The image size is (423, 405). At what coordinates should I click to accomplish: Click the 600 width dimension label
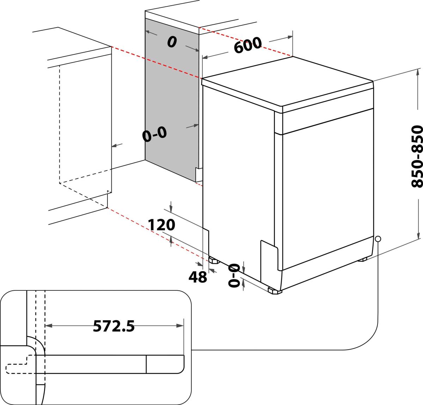point(248,45)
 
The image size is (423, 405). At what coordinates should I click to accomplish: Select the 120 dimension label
point(161,225)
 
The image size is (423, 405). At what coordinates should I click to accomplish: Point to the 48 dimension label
point(198,277)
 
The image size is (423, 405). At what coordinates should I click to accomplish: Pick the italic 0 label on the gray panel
point(172,42)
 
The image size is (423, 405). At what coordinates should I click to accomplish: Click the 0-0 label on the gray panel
point(154,134)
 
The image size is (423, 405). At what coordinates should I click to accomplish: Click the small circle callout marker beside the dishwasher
point(378,239)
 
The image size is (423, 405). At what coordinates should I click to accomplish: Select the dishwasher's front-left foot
point(275,291)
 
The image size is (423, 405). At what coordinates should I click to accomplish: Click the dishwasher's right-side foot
point(362,260)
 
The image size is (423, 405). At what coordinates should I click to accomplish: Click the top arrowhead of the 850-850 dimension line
point(418,72)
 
